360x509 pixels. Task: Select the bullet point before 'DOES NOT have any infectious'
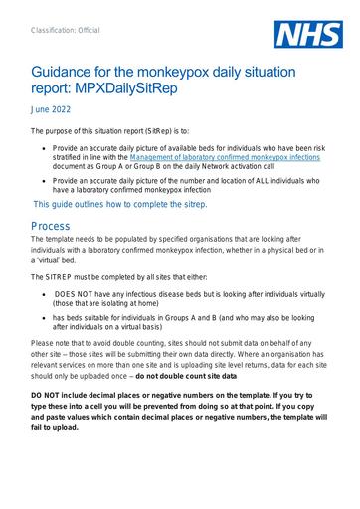47,295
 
